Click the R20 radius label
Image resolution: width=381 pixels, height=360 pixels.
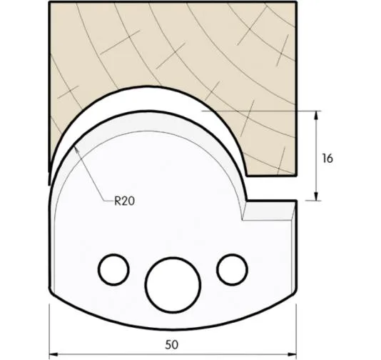click(x=125, y=201)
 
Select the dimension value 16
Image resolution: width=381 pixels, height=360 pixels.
click(x=327, y=158)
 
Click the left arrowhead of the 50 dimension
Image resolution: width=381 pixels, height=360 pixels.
click(x=54, y=354)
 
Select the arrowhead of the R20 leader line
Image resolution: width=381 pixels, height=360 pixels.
click(x=74, y=147)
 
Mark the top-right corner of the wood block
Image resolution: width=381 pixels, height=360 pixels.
click(x=296, y=4)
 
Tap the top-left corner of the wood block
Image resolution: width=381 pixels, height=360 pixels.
click(x=49, y=4)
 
